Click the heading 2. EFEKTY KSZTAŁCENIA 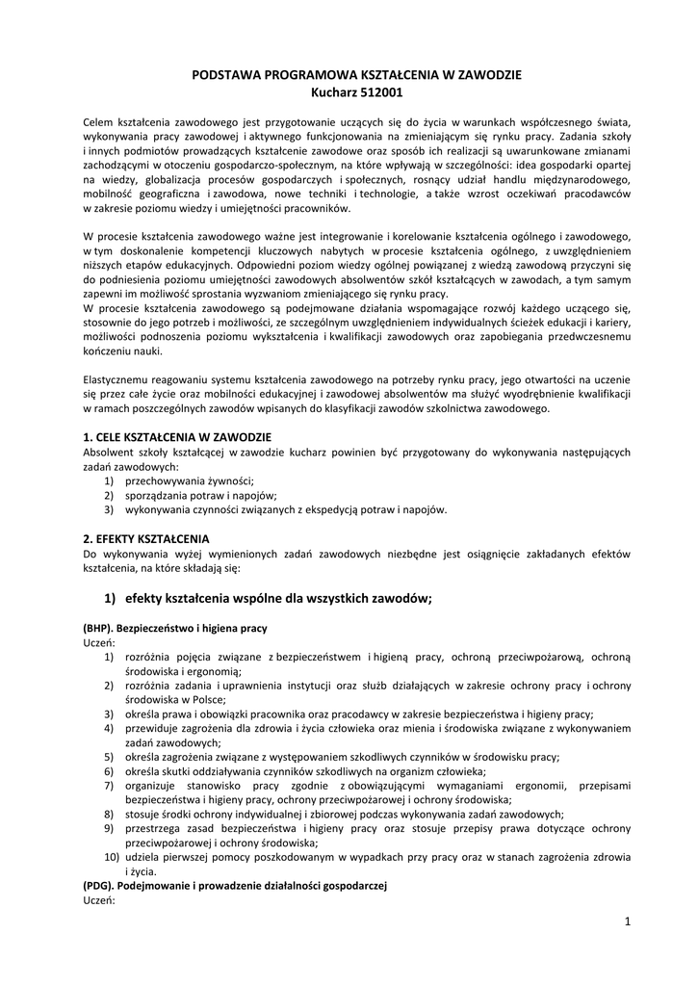click(146, 538)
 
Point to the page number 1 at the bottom click(627, 921)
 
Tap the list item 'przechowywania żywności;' click(189, 480)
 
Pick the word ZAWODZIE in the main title click(485, 75)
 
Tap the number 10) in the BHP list click(111, 856)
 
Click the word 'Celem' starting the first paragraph click(98, 122)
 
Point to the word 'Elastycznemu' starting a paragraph click(116, 379)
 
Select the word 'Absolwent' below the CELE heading click(108, 452)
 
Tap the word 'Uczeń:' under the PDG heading click(99, 899)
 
